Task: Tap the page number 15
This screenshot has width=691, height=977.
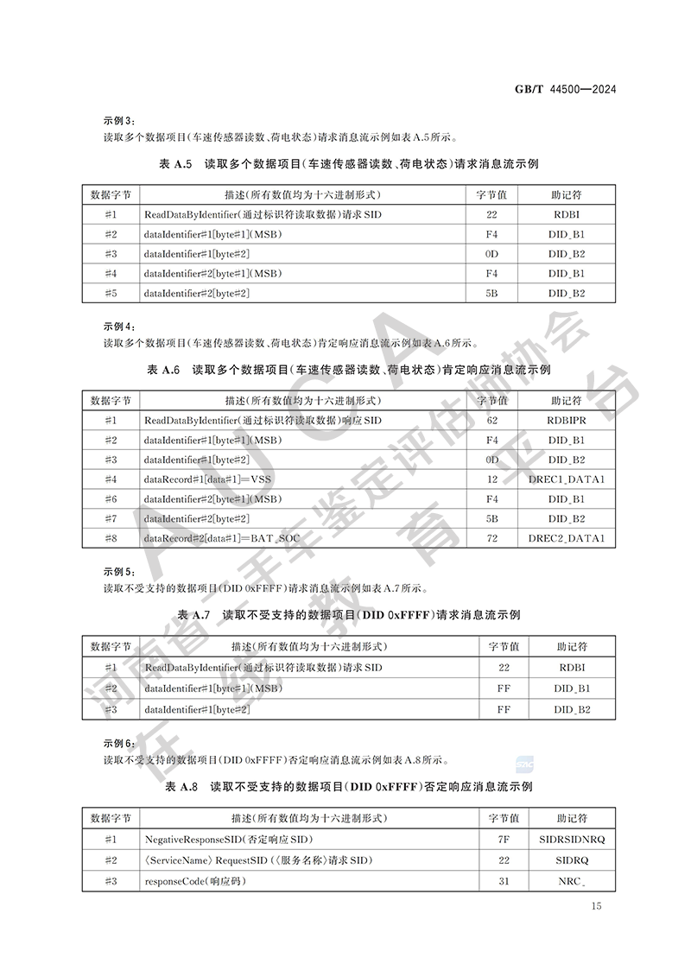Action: click(596, 905)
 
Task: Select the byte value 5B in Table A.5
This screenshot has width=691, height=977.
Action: click(491, 294)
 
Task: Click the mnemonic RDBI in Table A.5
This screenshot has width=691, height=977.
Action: click(566, 214)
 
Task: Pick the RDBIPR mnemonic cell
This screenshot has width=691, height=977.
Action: click(566, 421)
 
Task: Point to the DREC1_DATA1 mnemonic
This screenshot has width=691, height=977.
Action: click(566, 479)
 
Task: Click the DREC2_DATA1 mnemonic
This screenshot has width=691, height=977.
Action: click(566, 539)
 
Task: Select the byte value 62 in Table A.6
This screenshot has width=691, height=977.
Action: click(492, 421)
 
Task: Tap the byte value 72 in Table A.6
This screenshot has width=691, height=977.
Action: click(492, 539)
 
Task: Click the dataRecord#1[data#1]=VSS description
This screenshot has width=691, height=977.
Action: click(213, 479)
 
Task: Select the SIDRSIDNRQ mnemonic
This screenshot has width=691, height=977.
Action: click(572, 840)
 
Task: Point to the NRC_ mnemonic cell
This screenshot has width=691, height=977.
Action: click(572, 881)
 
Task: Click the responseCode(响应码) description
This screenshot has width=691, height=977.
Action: click(195, 881)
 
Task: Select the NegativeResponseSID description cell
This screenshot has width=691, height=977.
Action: click(229, 840)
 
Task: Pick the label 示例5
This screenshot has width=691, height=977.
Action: click(119, 572)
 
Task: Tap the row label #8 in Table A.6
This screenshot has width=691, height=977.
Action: click(111, 539)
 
